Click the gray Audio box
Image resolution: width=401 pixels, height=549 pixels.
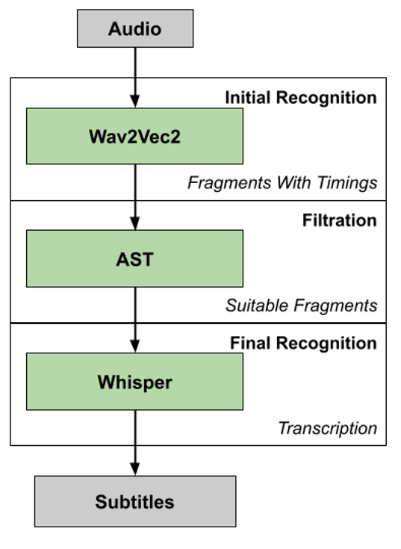pyautogui.click(x=135, y=28)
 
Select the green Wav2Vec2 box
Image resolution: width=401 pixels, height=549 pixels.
pyautogui.click(x=134, y=136)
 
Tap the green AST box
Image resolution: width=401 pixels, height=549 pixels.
pyautogui.click(x=134, y=258)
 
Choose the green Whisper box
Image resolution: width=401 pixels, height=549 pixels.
pyautogui.click(x=134, y=382)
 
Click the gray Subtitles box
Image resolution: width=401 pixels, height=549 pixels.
pyautogui.click(x=135, y=501)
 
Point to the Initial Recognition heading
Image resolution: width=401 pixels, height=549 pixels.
pyautogui.click(x=301, y=97)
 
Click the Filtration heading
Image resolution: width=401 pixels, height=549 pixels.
pyautogui.click(x=340, y=220)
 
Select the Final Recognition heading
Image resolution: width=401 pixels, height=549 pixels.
pyautogui.click(x=303, y=343)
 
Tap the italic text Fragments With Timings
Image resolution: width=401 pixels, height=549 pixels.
pyautogui.click(x=282, y=183)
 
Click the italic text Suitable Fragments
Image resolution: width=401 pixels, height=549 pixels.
pyautogui.click(x=301, y=305)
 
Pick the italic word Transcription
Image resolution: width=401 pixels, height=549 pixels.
pyautogui.click(x=328, y=428)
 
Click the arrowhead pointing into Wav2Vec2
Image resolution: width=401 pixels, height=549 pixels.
pyautogui.click(x=135, y=101)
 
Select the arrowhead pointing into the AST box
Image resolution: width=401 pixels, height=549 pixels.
pyautogui.click(x=135, y=223)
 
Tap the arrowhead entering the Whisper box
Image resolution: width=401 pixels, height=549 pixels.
pyautogui.click(x=135, y=346)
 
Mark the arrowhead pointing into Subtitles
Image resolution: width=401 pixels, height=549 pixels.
pyautogui.click(x=135, y=469)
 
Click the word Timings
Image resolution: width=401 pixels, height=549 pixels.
pyautogui.click(x=347, y=183)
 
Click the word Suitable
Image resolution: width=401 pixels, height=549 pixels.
pyautogui.click(x=258, y=305)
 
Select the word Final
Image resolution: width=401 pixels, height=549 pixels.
pyautogui.click(x=251, y=343)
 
